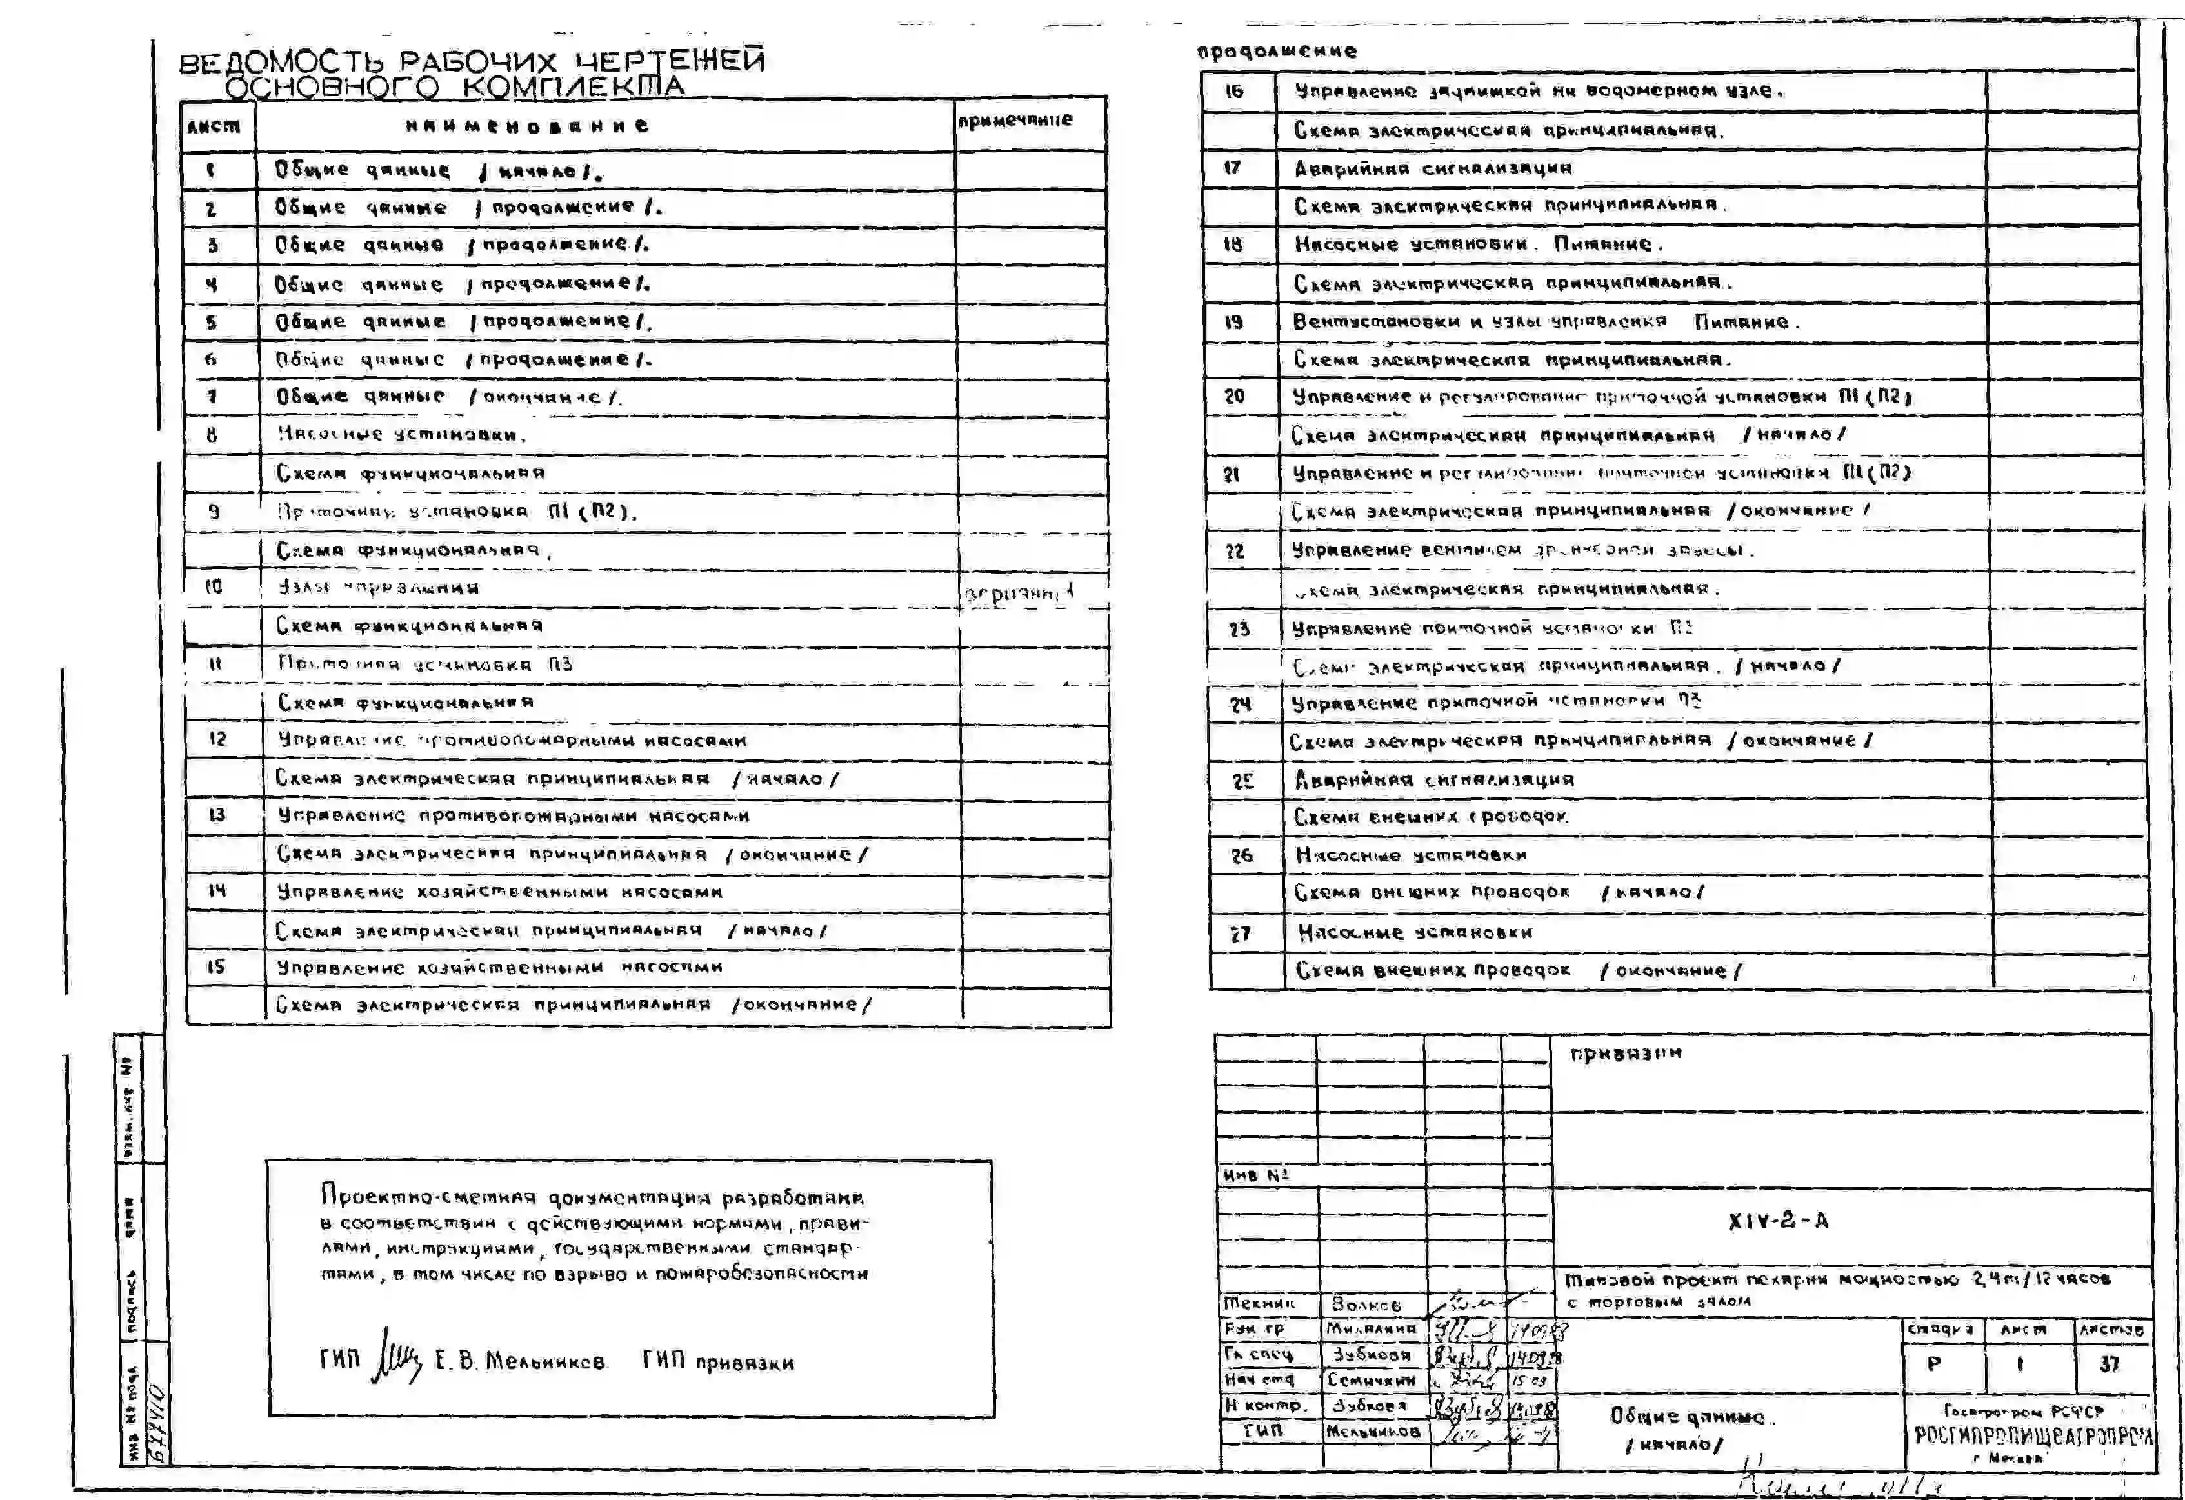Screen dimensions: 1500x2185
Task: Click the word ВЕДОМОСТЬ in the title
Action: [x=281, y=63]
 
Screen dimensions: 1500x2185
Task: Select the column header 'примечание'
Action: [x=1015, y=121]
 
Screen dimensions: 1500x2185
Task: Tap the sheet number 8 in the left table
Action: [x=212, y=434]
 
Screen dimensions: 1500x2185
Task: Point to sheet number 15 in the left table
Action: [x=215, y=966]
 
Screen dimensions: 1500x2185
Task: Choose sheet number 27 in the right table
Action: [x=1241, y=933]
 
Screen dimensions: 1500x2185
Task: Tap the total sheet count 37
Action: [x=2109, y=1364]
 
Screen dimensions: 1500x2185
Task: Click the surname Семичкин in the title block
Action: [x=1371, y=1379]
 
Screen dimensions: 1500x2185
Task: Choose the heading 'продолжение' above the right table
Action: [x=1276, y=51]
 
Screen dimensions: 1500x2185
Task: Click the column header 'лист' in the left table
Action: [x=214, y=126]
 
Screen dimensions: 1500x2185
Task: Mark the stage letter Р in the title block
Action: [x=1934, y=1364]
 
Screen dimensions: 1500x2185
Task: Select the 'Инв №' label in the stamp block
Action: [x=1255, y=1175]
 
